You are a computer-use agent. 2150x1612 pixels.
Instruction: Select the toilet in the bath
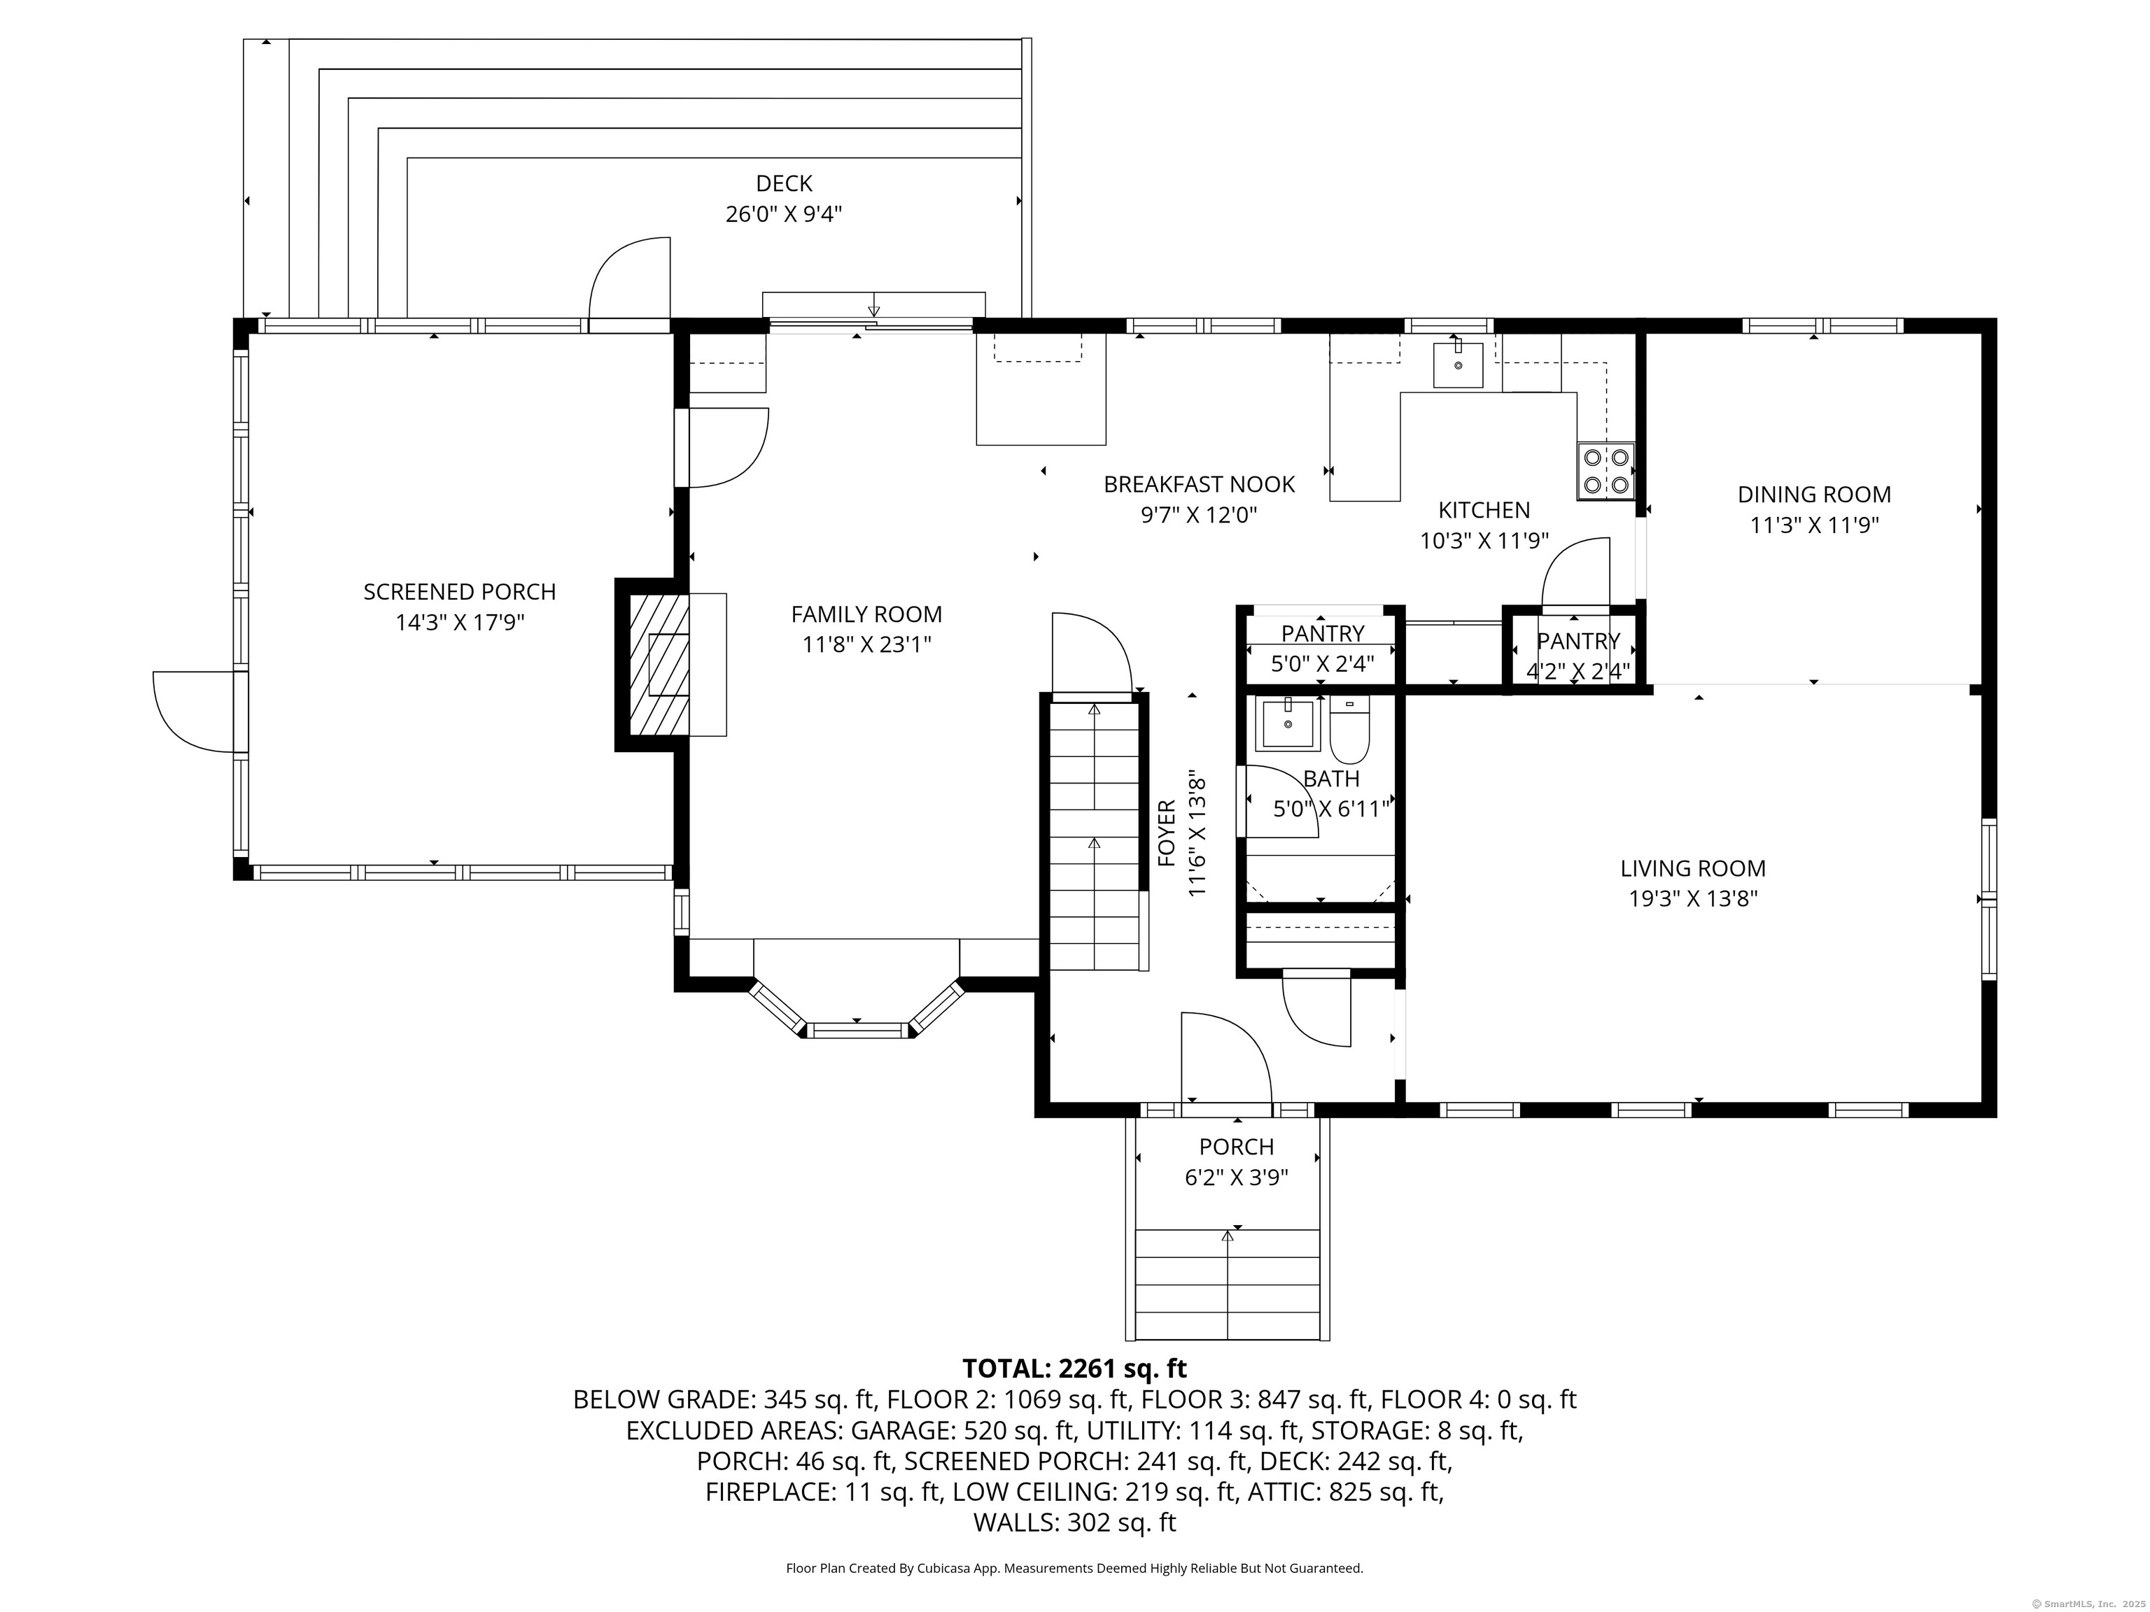(1349, 730)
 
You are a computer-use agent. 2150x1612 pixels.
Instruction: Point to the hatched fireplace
(659, 665)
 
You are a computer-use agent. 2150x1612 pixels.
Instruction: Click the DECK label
(783, 183)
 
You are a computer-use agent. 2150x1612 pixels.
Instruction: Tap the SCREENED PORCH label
(460, 592)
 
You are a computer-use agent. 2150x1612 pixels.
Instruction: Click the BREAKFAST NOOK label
(1200, 484)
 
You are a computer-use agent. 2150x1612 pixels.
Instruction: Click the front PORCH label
(1237, 1147)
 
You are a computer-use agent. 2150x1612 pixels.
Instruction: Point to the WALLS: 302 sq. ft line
(1075, 1522)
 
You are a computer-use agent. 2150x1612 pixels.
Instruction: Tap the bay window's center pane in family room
(857, 1029)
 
